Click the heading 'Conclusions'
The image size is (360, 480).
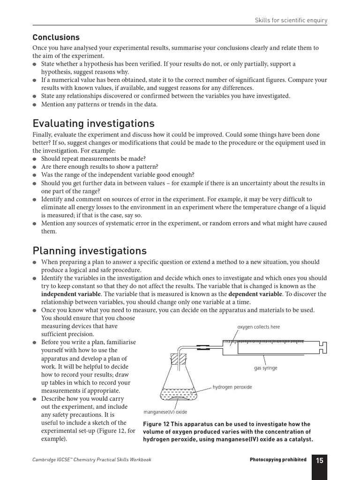click(x=56, y=37)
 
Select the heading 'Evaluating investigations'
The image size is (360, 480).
click(x=93, y=124)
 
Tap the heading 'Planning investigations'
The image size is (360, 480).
click(x=90, y=251)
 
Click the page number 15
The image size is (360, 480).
click(x=319, y=460)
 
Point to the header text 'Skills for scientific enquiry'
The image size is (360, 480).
click(x=291, y=20)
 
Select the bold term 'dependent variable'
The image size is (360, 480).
click(x=255, y=294)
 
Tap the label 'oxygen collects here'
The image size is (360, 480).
click(x=259, y=327)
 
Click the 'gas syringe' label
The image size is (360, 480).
click(x=266, y=368)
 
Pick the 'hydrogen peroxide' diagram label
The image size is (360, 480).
click(x=232, y=387)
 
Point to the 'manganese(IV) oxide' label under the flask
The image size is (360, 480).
click(x=165, y=412)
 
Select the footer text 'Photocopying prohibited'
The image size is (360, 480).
click(x=278, y=460)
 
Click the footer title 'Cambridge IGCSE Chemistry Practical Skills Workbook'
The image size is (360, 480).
click(x=92, y=460)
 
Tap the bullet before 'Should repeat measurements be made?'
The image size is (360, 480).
click(x=35, y=159)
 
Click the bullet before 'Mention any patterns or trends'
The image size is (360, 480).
click(x=35, y=105)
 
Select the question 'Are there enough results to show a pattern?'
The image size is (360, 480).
click(x=99, y=166)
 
